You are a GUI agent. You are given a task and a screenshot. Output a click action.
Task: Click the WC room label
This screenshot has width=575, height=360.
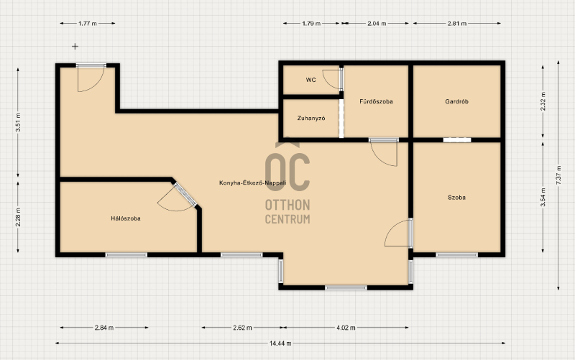pyautogui.click(x=310, y=80)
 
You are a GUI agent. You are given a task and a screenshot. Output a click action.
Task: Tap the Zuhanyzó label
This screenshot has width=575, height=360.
pyautogui.click(x=311, y=119)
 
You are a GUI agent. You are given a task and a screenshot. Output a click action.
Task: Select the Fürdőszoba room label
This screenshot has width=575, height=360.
pyautogui.click(x=376, y=101)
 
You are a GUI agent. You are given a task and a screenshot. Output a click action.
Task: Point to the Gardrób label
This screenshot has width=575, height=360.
pyautogui.click(x=456, y=101)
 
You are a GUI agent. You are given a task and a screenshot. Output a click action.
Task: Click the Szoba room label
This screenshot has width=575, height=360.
pyautogui.click(x=456, y=198)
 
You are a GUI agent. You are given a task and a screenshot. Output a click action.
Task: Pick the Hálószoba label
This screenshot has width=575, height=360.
pyautogui.click(x=126, y=218)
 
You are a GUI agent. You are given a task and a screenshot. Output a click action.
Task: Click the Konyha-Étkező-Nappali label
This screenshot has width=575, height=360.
pyautogui.click(x=252, y=183)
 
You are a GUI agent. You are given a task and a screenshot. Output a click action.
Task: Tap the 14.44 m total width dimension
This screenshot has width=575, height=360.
pyautogui.click(x=280, y=343)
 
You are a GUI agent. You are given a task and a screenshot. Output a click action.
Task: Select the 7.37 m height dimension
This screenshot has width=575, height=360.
pyautogui.click(x=558, y=175)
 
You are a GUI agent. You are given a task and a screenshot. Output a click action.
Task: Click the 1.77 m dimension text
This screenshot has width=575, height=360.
pyautogui.click(x=88, y=24)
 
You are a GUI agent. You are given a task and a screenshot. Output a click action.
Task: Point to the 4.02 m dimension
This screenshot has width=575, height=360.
pyautogui.click(x=346, y=328)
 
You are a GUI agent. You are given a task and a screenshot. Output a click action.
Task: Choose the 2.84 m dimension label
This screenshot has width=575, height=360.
pyautogui.click(x=104, y=328)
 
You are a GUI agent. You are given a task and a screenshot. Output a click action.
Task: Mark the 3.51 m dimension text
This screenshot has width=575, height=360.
pyautogui.click(x=18, y=122)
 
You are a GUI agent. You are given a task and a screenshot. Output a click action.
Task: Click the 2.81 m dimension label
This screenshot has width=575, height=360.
pyautogui.click(x=457, y=24)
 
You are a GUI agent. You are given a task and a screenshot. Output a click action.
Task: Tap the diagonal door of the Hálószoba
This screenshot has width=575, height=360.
pyautogui.click(x=185, y=195)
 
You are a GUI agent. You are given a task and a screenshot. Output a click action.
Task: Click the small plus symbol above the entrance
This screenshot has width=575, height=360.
pyautogui.click(x=75, y=46)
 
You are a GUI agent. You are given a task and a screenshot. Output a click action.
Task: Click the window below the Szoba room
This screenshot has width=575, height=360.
pyautogui.click(x=456, y=255)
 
